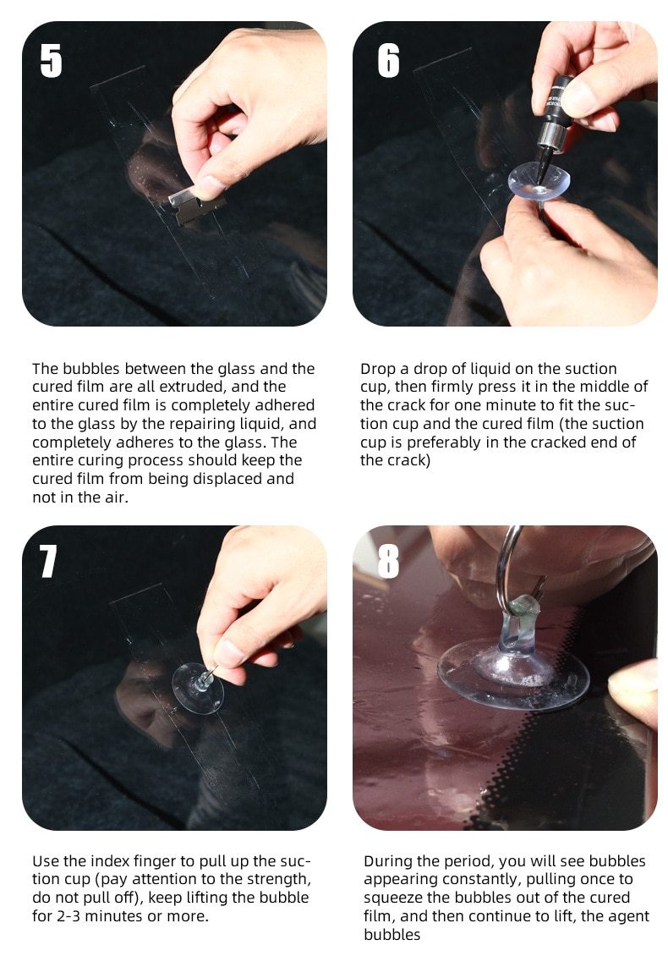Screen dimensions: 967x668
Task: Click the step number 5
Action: pyautogui.click(x=51, y=61)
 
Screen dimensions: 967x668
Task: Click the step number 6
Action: pyautogui.click(x=388, y=61)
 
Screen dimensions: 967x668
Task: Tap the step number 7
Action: pyautogui.click(x=48, y=562)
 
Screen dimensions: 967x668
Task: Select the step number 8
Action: pyautogui.click(x=388, y=562)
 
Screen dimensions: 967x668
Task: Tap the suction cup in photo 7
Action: pyautogui.click(x=198, y=686)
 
